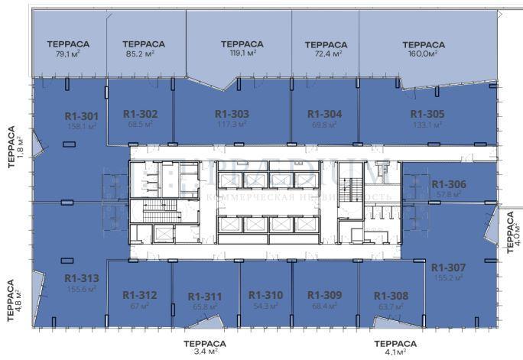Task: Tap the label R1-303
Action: point(232,113)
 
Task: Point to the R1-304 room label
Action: point(323,113)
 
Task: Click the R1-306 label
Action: point(449,184)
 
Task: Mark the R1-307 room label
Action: point(448,268)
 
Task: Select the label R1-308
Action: point(391,296)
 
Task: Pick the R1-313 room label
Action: point(81,278)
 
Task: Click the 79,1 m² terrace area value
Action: point(68,54)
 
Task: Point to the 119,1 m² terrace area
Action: point(242,54)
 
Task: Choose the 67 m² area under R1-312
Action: point(139,306)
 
